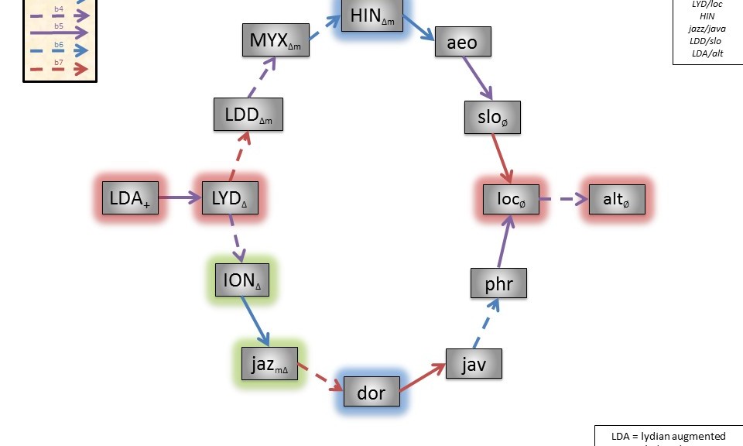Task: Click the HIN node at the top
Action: click(x=371, y=15)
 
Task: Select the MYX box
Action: click(x=275, y=40)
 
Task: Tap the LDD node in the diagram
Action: click(x=248, y=115)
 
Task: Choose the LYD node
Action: click(x=229, y=198)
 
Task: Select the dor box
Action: click(x=371, y=393)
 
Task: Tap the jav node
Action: click(x=473, y=364)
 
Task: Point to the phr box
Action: click(x=498, y=283)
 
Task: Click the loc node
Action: click(x=510, y=199)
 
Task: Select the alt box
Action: click(x=616, y=199)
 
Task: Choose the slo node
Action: click(x=493, y=116)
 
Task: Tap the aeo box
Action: click(x=463, y=42)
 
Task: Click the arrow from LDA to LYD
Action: click(x=180, y=198)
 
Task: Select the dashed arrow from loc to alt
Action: click(x=563, y=199)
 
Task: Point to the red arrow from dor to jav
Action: click(x=425, y=379)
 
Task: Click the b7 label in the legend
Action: click(x=59, y=62)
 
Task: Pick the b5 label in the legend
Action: click(x=59, y=26)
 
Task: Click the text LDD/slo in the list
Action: click(x=707, y=40)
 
